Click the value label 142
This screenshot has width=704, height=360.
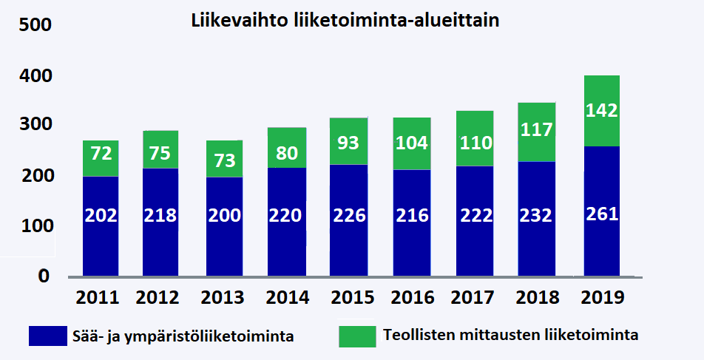601,111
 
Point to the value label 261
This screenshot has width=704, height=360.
601,214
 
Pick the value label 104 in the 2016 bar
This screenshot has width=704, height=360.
410,143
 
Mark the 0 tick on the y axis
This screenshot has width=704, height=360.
44,276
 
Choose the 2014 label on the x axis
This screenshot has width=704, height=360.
285,298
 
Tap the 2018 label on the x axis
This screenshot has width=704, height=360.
536,298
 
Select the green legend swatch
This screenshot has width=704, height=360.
357,336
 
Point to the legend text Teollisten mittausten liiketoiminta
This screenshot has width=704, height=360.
511,335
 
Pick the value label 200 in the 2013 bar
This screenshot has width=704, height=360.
223,216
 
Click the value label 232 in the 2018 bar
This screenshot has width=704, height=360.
536,216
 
